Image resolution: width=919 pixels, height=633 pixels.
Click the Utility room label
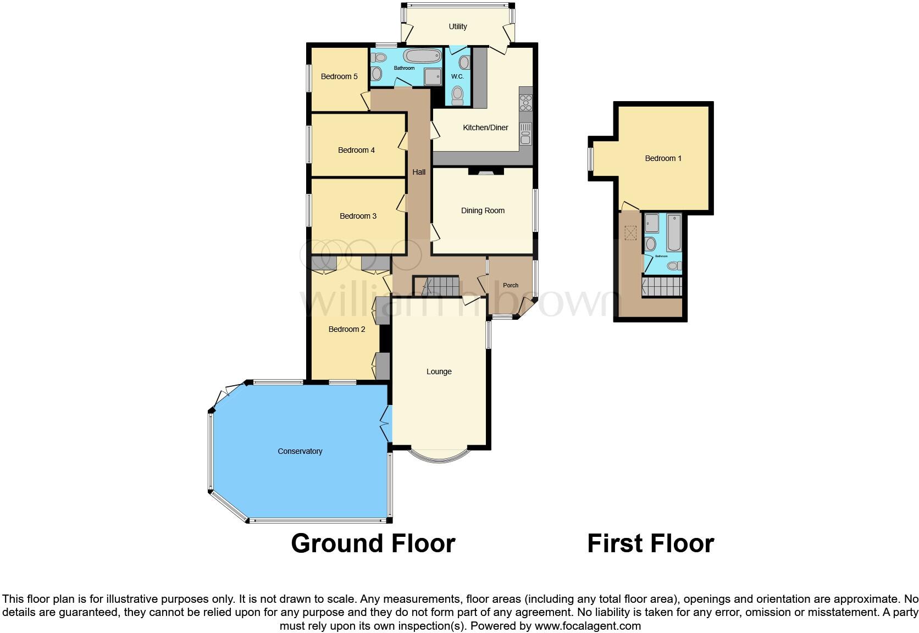457,26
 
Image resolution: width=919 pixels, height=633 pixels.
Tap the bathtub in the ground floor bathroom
422,56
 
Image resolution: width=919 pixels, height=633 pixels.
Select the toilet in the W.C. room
457,96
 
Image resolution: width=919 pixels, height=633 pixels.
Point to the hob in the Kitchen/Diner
525,102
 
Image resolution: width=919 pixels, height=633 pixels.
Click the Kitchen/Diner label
485,127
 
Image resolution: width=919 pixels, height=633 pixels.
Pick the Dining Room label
483,210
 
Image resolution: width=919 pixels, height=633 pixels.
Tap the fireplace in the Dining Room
485,172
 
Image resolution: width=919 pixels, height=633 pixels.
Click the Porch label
511,285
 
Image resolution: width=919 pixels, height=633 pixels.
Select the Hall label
419,172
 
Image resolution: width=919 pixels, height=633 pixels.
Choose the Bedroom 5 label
339,76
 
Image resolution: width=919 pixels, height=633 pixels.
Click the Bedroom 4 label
356,150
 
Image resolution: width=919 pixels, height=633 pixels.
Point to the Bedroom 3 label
358,216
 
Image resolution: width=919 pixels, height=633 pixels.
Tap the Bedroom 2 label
347,329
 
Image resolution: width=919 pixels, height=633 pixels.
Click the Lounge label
439,371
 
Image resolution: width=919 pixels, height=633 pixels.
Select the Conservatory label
300,451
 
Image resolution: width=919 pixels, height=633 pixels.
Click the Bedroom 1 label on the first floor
663,158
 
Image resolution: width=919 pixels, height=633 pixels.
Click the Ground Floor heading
373,543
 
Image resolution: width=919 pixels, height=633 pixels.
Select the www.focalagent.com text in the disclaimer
588,626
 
